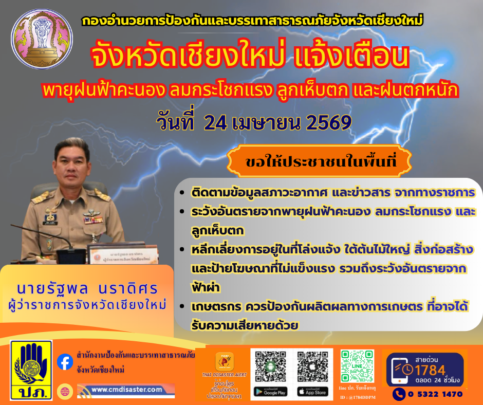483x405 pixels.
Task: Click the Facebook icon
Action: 65,361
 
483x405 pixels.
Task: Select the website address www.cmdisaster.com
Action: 126,390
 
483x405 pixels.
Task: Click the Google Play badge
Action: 270,392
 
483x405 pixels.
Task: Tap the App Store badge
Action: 311,392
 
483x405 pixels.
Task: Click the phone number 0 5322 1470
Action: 435,394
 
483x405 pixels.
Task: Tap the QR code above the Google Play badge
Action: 270,366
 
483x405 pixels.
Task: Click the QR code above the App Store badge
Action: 311,366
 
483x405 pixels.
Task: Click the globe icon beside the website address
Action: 65,391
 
